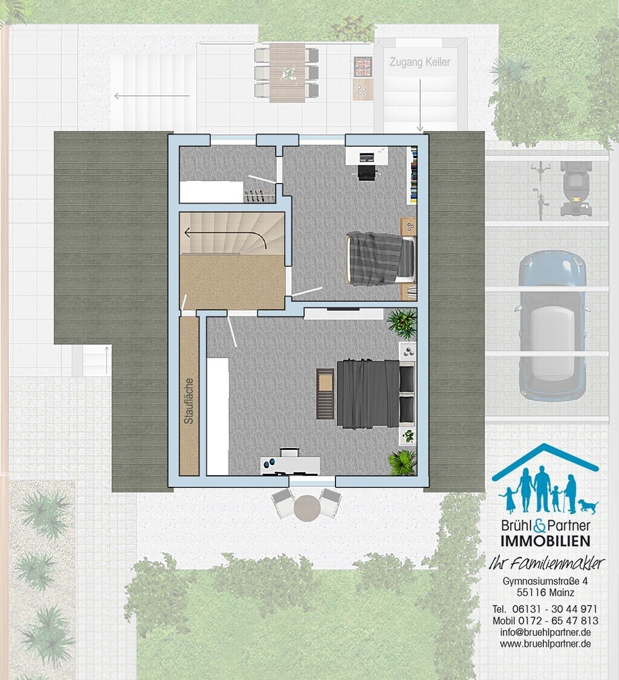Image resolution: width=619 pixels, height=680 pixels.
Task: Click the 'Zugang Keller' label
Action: tap(420, 62)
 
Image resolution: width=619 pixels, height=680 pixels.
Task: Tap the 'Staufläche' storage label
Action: tap(189, 401)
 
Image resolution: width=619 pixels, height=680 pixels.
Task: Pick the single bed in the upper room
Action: tap(381, 259)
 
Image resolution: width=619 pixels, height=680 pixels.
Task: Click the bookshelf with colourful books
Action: tap(412, 175)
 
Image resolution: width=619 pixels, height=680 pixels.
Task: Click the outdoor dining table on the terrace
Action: tap(287, 72)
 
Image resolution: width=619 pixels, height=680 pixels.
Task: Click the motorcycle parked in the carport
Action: tap(576, 188)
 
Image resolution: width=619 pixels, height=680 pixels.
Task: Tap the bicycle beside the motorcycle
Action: tap(540, 190)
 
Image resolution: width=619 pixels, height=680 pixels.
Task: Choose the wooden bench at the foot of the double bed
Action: tap(325, 394)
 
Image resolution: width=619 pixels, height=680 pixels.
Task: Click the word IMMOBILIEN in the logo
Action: tap(545, 540)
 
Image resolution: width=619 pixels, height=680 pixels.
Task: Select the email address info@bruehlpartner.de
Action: tap(545, 632)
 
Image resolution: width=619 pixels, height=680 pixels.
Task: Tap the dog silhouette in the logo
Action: tap(588, 505)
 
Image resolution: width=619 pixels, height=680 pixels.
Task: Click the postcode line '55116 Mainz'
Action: tap(545, 592)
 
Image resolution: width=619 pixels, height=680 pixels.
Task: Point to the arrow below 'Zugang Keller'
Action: tap(420, 106)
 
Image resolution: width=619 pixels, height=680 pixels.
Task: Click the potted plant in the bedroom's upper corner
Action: tap(402, 322)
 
